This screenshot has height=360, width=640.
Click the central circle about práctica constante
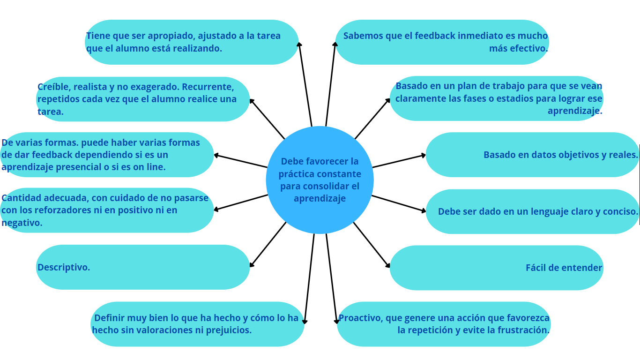click(x=320, y=180)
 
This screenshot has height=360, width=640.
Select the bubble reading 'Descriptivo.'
click(x=143, y=267)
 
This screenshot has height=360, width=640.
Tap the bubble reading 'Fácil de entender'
click(x=496, y=268)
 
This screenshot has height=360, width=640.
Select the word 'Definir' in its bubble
click(x=109, y=318)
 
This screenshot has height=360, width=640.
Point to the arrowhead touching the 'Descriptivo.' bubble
click(x=252, y=265)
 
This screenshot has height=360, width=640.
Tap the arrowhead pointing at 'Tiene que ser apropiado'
click(x=299, y=45)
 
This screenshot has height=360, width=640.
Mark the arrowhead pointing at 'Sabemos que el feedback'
click(x=335, y=45)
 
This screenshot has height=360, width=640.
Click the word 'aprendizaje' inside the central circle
click(x=320, y=198)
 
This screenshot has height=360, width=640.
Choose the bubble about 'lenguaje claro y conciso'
click(x=533, y=211)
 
